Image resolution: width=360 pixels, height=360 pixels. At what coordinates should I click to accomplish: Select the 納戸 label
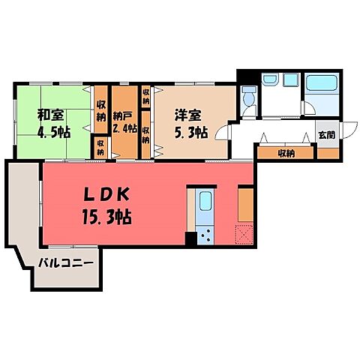pos(124,115)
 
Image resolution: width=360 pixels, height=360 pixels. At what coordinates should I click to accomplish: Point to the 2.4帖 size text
pos(124,128)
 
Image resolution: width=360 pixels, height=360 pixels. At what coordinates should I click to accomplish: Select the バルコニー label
pos(66,264)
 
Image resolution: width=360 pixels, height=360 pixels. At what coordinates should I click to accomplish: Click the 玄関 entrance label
pos(326,136)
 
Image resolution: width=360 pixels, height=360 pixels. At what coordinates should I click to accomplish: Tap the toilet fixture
pos(248,96)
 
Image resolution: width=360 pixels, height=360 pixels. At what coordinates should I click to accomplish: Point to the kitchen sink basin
pos(205,201)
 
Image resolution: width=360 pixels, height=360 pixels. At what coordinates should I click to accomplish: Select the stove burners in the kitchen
pos(205,235)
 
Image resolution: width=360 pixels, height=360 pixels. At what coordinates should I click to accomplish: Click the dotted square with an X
pos(244,235)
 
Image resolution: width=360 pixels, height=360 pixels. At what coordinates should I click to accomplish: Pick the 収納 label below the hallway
pos(284,153)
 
